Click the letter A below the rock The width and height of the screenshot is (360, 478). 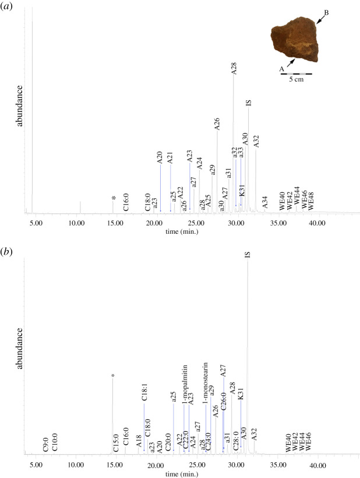(282, 68)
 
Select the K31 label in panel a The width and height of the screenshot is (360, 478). (241, 190)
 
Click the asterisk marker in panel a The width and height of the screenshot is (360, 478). (114, 199)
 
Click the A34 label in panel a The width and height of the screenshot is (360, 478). (264, 202)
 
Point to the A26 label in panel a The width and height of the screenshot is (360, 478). (216, 124)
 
